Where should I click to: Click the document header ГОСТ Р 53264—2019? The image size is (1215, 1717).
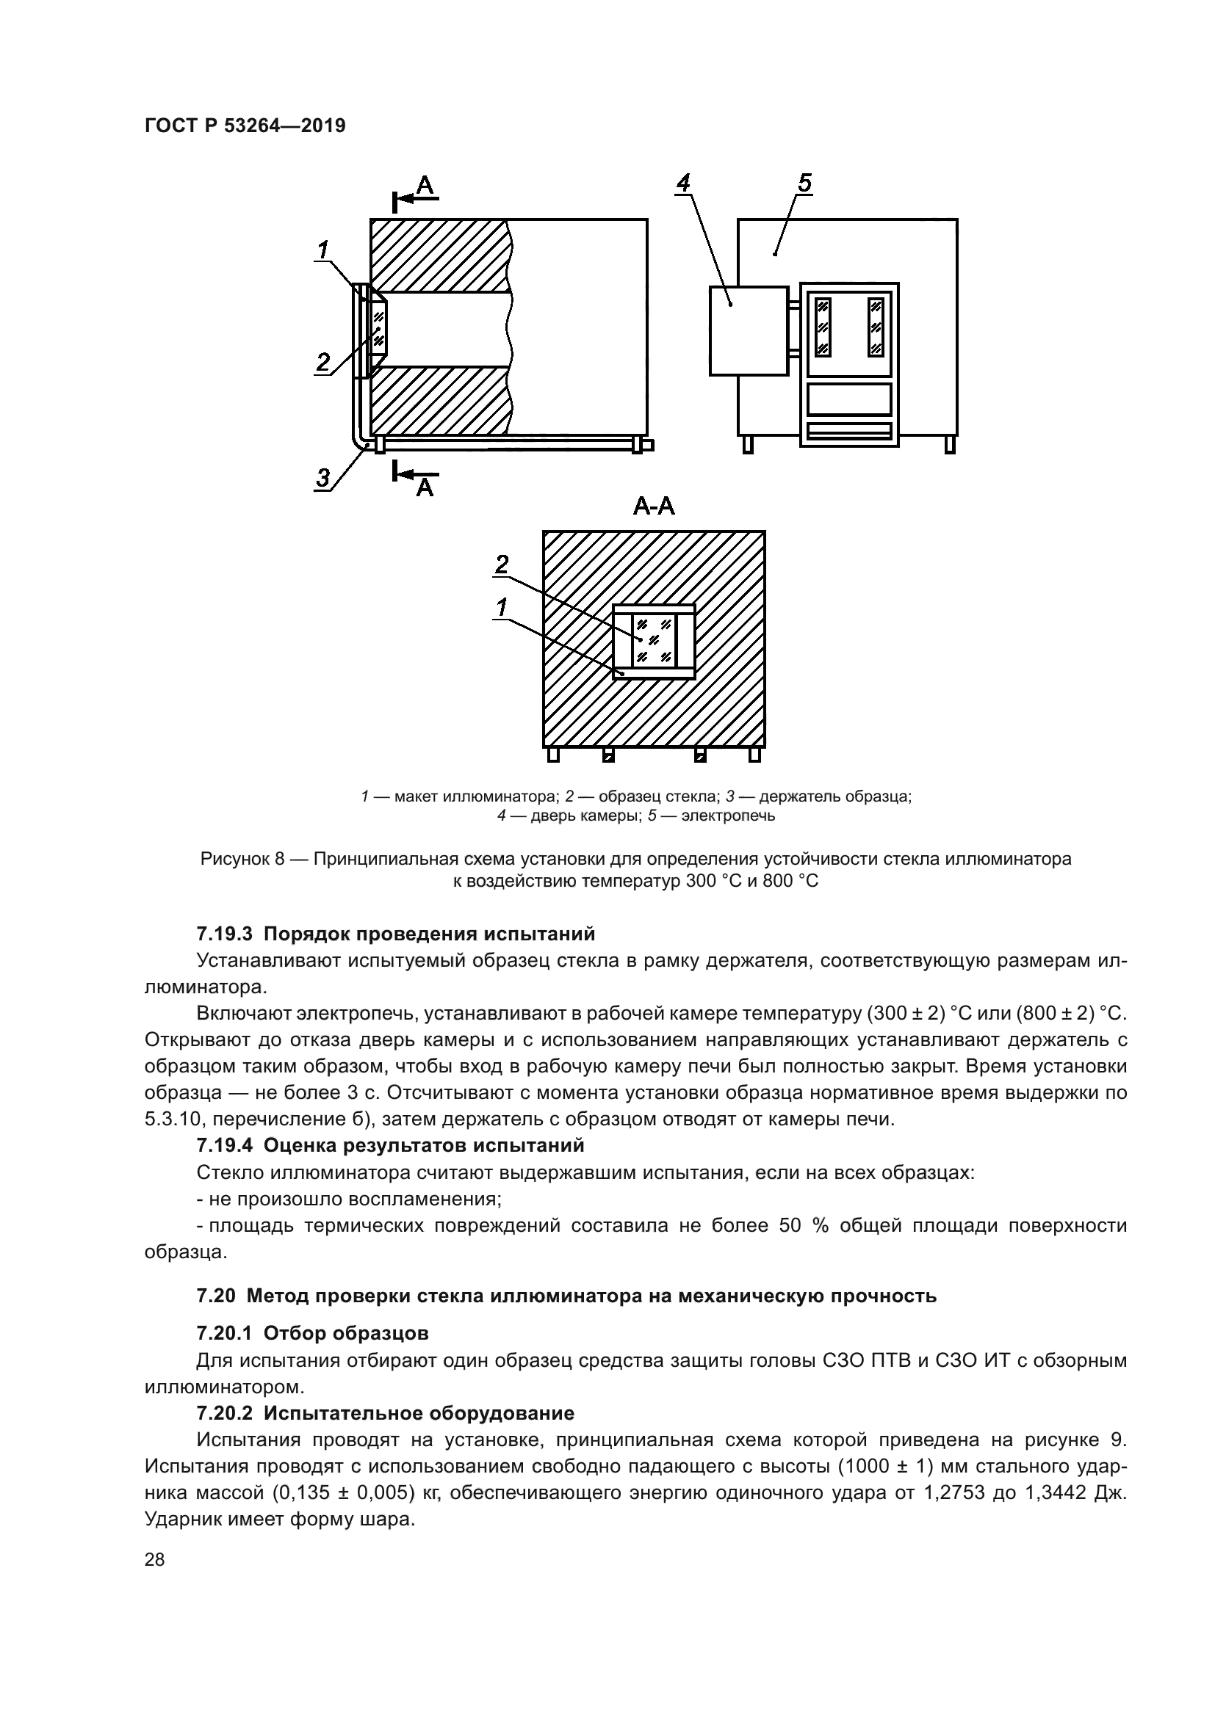tap(245, 126)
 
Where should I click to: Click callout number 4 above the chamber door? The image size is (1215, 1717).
tap(682, 184)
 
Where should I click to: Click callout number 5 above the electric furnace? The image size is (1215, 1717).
tap(804, 184)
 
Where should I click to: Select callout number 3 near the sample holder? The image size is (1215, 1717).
tap(322, 477)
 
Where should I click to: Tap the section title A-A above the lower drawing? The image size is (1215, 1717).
tap(653, 507)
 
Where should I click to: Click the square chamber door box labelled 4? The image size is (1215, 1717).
tap(748, 330)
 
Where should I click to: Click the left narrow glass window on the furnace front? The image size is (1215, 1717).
tap(823, 327)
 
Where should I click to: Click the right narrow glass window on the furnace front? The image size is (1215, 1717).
tap(876, 327)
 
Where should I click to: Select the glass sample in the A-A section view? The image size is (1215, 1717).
tap(654, 640)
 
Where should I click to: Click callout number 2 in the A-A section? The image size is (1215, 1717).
tap(502, 564)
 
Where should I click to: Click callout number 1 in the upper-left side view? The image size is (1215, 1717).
tap(323, 250)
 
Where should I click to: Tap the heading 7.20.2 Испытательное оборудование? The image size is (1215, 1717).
tap(386, 1412)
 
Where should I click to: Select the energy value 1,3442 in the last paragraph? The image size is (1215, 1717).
tap(1050, 1492)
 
